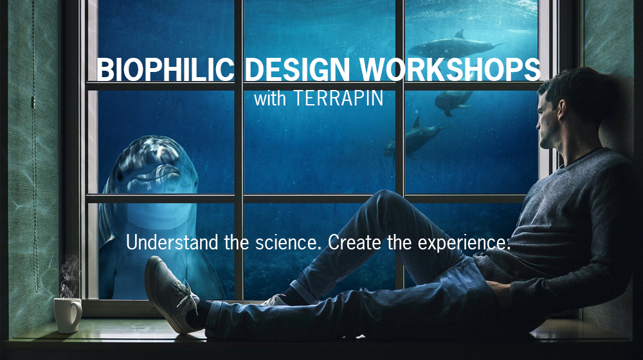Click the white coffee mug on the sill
[x=67, y=314]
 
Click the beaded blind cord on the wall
[x=33, y=161]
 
